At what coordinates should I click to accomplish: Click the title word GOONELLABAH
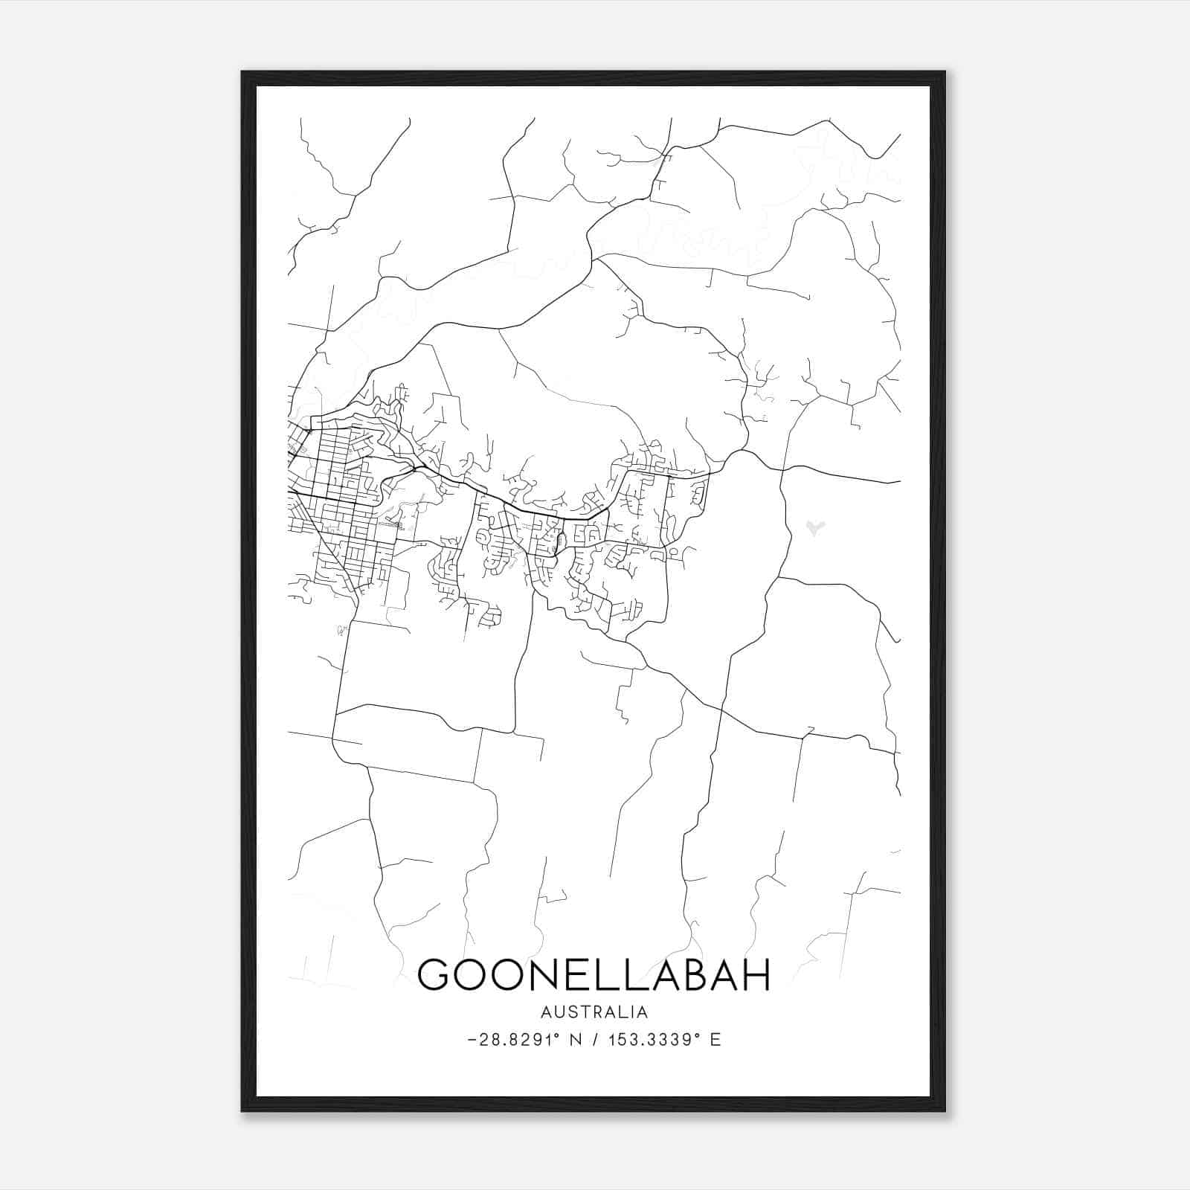tap(594, 974)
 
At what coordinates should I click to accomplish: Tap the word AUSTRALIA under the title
tap(594, 1012)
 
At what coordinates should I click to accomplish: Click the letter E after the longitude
tap(715, 1040)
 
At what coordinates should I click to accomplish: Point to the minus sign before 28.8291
tap(472, 1040)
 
